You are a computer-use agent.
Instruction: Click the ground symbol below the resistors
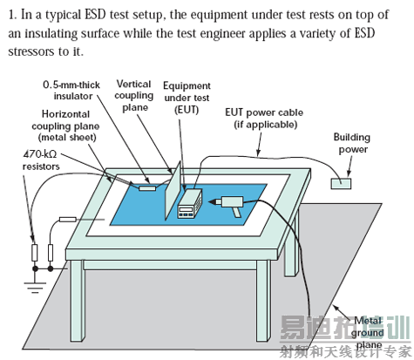[35, 287]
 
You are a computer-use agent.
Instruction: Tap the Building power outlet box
[341, 184]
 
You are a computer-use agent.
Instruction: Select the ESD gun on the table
[228, 204]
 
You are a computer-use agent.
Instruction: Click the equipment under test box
[189, 203]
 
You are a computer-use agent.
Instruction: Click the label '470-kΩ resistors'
[41, 160]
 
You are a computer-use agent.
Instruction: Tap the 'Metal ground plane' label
[368, 333]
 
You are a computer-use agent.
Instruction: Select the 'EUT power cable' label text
[264, 119]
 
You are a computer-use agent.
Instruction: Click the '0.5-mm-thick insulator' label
[71, 91]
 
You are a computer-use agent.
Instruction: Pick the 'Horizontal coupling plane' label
[65, 126]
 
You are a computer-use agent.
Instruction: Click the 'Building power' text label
[352, 143]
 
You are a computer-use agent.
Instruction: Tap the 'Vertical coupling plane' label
[134, 96]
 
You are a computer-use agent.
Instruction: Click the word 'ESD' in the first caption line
[95, 15]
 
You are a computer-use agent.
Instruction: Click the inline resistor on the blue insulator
[147, 188]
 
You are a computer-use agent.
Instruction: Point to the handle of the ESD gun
[236, 213]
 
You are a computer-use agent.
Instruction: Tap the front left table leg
[78, 301]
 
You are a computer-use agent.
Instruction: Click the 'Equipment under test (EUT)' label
[187, 98]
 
